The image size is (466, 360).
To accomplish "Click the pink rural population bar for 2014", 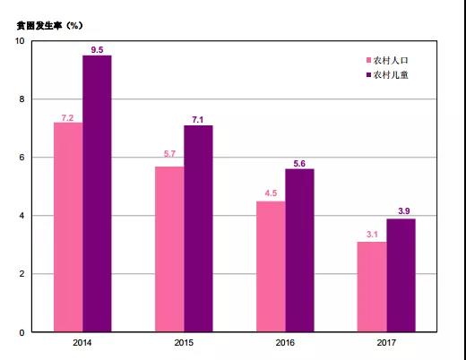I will [68, 227].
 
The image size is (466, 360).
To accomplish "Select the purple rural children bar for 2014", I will [97, 193].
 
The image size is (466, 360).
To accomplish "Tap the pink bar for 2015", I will [169, 249].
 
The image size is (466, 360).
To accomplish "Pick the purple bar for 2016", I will [299, 250].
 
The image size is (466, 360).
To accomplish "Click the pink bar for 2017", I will [372, 287].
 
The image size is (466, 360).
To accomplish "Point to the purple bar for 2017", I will [401, 275].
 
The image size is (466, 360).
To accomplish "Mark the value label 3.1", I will [372, 235].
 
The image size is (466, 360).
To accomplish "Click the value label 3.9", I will [401, 211].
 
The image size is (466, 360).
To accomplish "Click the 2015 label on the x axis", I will [184, 343].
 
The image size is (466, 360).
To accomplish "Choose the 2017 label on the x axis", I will [386, 343].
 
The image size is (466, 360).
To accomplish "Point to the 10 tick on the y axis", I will [21, 40].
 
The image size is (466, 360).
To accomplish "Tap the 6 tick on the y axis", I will [22, 158].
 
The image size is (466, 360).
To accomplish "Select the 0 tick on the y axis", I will [22, 332].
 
